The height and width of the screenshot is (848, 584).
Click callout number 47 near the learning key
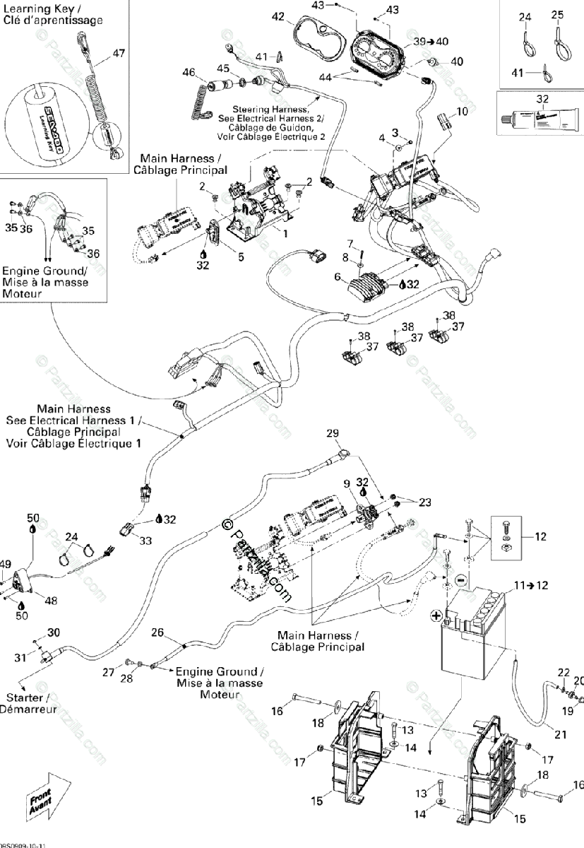118,53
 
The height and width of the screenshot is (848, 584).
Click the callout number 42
278,16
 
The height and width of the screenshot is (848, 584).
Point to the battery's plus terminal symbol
436,615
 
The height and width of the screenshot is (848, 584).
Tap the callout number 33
145,541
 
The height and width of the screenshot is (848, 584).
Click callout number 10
461,111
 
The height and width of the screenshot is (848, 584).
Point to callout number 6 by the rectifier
338,276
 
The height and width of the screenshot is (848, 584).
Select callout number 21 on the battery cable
560,734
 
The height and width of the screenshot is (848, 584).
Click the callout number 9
347,483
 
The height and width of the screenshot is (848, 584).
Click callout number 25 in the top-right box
557,15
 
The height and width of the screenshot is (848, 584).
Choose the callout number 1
285,232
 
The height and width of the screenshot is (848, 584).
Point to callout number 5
241,257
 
